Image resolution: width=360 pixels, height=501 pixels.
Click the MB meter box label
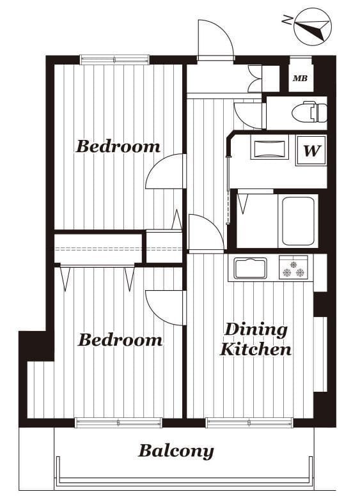click(301, 78)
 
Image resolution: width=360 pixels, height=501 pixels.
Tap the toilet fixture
click(309, 112)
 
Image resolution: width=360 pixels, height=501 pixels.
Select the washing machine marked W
click(311, 151)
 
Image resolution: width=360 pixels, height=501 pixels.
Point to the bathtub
click(298, 221)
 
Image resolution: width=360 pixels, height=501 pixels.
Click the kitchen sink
click(251, 268)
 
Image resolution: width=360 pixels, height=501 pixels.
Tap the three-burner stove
click(293, 267)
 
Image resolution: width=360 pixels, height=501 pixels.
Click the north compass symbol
click(312, 27)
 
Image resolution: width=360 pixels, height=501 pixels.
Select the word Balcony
click(176, 451)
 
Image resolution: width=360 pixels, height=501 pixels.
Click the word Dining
click(256, 330)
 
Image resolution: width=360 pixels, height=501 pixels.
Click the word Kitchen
click(256, 349)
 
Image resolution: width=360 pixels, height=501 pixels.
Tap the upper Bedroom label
click(118, 146)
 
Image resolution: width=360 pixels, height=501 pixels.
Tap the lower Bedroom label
click(120, 340)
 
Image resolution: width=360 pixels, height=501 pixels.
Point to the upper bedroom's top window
click(115, 60)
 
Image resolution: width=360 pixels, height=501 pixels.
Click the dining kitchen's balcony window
click(249, 423)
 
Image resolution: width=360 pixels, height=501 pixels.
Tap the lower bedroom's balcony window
click(118, 423)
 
